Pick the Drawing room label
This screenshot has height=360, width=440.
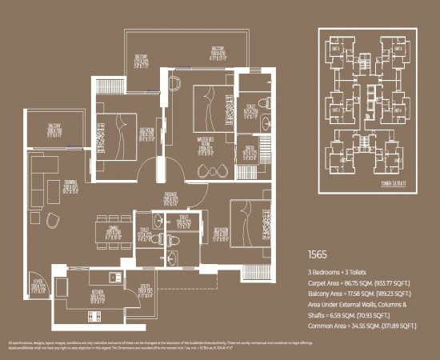tap(72, 185)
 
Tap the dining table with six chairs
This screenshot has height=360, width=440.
tap(110, 229)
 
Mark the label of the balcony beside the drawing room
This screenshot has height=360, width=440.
tap(54, 130)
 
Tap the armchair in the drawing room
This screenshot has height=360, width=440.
tap(52, 221)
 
